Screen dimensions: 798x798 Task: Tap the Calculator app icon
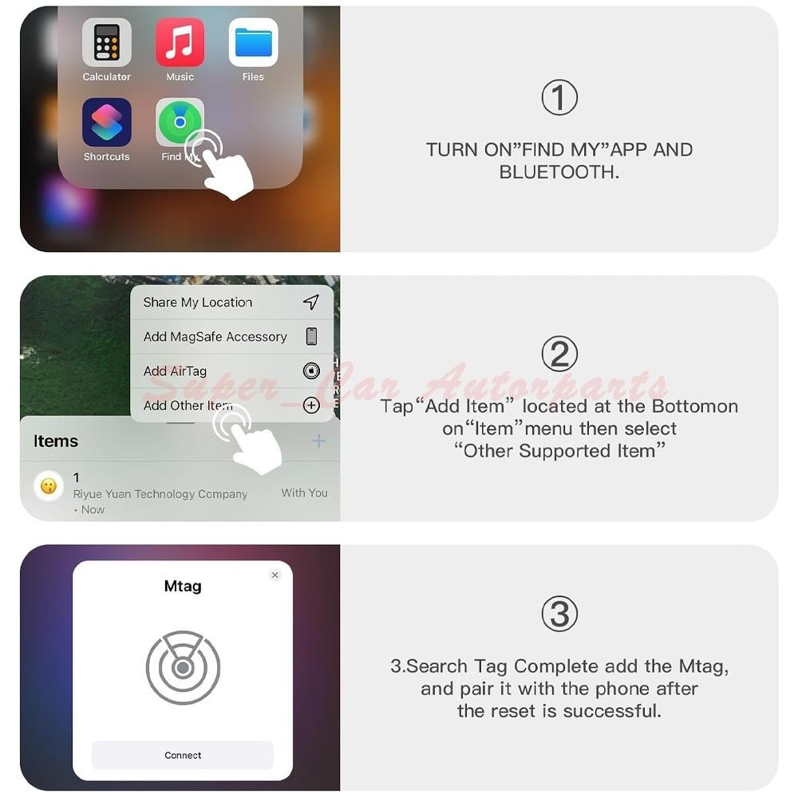point(106,42)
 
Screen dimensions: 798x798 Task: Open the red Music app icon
point(180,42)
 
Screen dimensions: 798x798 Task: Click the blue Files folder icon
point(253,42)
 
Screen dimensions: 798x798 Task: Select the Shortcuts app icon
point(106,122)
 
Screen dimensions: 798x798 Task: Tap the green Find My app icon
point(179,121)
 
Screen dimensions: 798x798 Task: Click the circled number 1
point(559,97)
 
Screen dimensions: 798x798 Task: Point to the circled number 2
point(559,354)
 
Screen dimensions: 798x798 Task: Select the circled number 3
point(559,614)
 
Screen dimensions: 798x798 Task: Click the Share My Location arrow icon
point(311,302)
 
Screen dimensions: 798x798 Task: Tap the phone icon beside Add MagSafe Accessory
point(311,337)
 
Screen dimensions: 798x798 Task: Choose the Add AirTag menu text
point(175,371)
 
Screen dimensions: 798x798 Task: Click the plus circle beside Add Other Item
point(311,405)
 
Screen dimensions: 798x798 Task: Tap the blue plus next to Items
point(318,440)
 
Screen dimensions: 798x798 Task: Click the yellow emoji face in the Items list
point(49,486)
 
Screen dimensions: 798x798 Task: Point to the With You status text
point(304,492)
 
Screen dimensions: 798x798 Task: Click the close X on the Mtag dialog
point(275,575)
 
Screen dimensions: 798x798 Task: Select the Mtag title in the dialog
point(183,587)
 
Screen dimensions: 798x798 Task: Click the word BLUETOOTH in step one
point(559,172)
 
